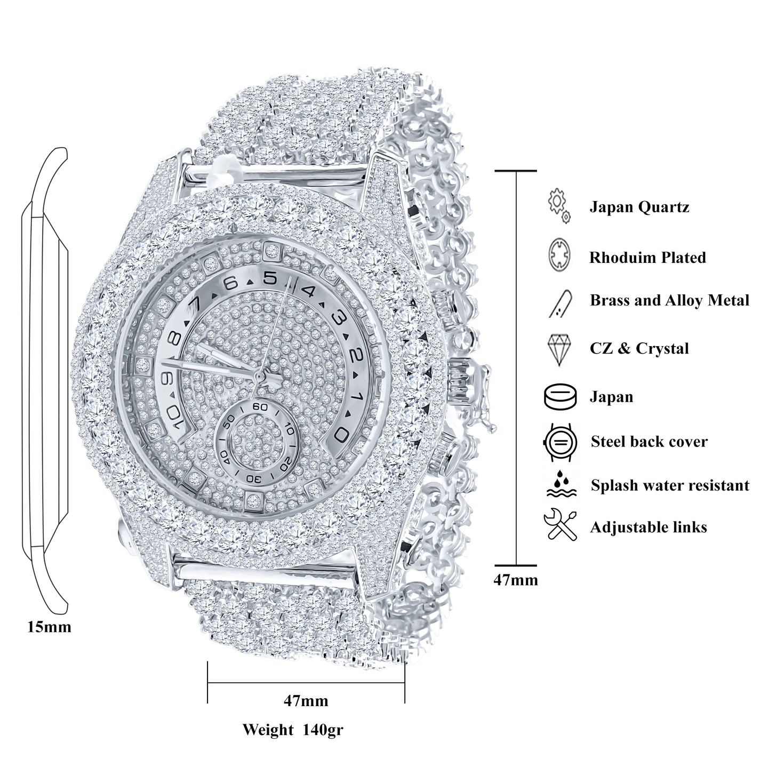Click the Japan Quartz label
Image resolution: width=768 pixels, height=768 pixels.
[x=639, y=207]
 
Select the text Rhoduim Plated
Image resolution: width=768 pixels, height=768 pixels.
[x=647, y=258]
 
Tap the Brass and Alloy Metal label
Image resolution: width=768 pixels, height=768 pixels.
[x=669, y=300]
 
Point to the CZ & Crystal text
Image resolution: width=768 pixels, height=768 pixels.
[x=639, y=348]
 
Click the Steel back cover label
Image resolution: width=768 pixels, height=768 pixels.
[x=649, y=442]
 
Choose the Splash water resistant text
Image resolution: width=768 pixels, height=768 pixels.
[x=669, y=485]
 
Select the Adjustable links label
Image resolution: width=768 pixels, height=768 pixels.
[x=648, y=527]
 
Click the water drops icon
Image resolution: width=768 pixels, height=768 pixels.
[x=559, y=484]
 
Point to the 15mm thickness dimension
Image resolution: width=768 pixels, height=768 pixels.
[x=49, y=627]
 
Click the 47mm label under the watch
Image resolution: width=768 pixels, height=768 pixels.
[x=306, y=700]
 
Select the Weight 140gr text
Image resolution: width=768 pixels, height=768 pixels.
[x=293, y=729]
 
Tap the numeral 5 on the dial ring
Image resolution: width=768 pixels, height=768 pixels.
[x=271, y=278]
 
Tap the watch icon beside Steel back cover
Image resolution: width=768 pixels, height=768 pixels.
[x=559, y=442]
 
